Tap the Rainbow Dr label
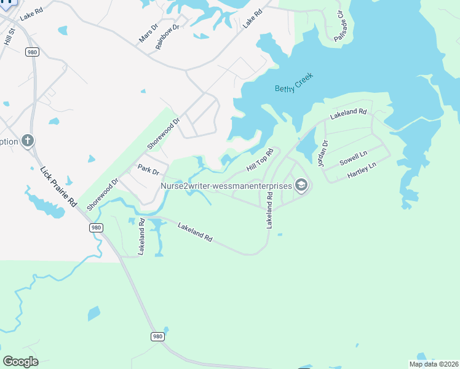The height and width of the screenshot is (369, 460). point(167,37)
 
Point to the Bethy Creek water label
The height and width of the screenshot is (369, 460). point(294,82)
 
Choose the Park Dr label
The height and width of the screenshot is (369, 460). point(148,169)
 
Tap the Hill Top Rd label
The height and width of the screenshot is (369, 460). point(260,160)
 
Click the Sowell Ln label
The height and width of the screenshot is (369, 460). point(353,159)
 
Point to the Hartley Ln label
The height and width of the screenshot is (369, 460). point(361,171)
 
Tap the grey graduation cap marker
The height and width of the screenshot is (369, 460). point(301,184)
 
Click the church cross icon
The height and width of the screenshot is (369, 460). point(27,141)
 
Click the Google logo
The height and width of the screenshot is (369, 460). point(20,361)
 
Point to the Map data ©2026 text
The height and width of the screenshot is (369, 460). point(433,364)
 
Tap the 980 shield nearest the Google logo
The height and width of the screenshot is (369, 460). point(157,336)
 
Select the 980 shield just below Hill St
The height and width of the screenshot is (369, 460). point(32,52)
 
